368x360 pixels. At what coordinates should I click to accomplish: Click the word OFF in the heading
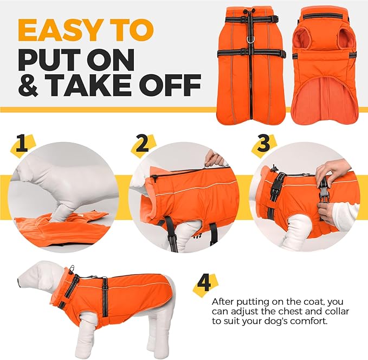pos(169,87)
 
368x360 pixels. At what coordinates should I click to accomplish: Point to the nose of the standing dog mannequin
pos(20,281)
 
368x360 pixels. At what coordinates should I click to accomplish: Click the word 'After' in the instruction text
pos(224,301)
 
